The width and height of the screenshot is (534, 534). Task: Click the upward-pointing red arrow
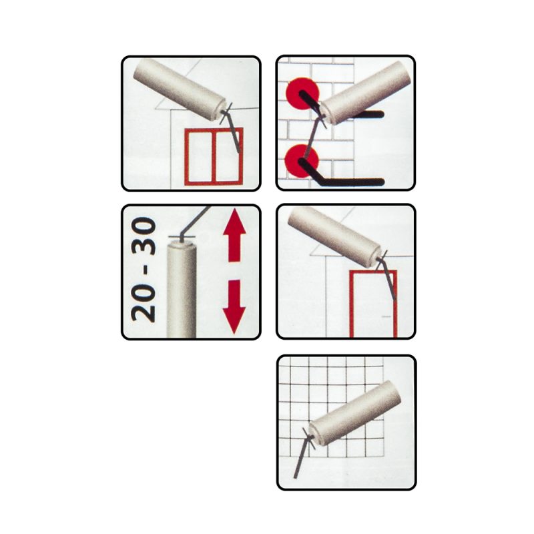click(x=234, y=236)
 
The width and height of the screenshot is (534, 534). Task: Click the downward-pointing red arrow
click(x=234, y=306)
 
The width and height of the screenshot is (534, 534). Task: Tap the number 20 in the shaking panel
click(x=144, y=304)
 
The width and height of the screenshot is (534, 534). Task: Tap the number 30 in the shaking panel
click(x=144, y=237)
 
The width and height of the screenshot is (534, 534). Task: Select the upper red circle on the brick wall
click(x=303, y=94)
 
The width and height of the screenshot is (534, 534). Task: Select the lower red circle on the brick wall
click(x=302, y=161)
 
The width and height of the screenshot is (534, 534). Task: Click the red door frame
click(x=352, y=303)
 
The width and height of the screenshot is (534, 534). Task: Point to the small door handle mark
click(x=386, y=316)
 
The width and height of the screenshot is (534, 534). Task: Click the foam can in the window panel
click(x=180, y=87)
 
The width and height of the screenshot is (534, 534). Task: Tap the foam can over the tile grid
click(x=355, y=413)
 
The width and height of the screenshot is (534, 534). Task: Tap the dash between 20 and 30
click(x=144, y=271)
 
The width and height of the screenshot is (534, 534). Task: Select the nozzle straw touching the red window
click(x=232, y=131)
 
